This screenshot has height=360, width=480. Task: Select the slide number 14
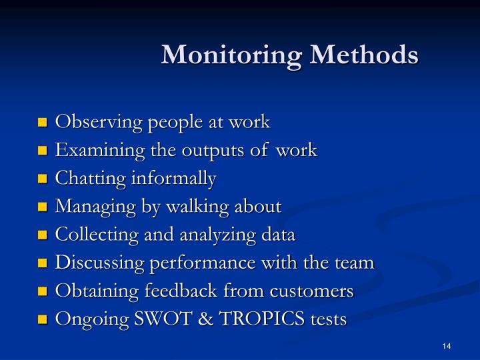coord(446,345)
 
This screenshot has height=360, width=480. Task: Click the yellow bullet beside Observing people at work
coord(44,123)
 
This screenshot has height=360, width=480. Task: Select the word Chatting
coord(83,179)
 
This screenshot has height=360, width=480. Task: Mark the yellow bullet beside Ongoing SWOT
coord(44,319)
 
